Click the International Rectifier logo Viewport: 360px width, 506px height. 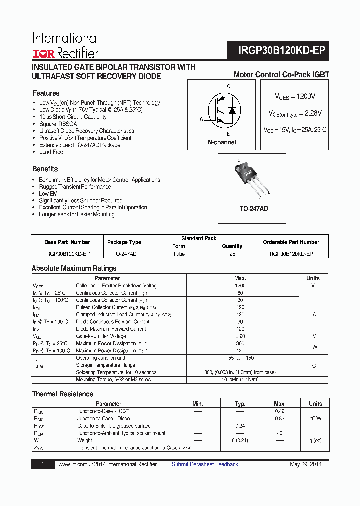pos(65,46)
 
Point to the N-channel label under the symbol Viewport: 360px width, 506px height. pos(222,142)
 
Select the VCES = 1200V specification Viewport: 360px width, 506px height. pos(295,96)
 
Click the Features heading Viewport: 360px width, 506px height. pos(46,93)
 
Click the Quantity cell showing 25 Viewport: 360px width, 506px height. pos(232,254)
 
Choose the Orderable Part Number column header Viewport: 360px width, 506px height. pos(291,242)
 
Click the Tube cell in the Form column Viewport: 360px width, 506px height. pos(178,254)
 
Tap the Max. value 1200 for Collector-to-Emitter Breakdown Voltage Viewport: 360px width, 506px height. pos(240,286)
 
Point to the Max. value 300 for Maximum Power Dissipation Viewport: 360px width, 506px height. pos(240,344)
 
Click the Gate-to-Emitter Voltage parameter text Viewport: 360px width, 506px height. pos(101,336)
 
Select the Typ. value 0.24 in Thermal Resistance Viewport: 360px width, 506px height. pos(240,426)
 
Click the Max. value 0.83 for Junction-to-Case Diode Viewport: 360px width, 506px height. pos(280,418)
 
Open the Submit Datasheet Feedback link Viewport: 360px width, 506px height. pos(205,464)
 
